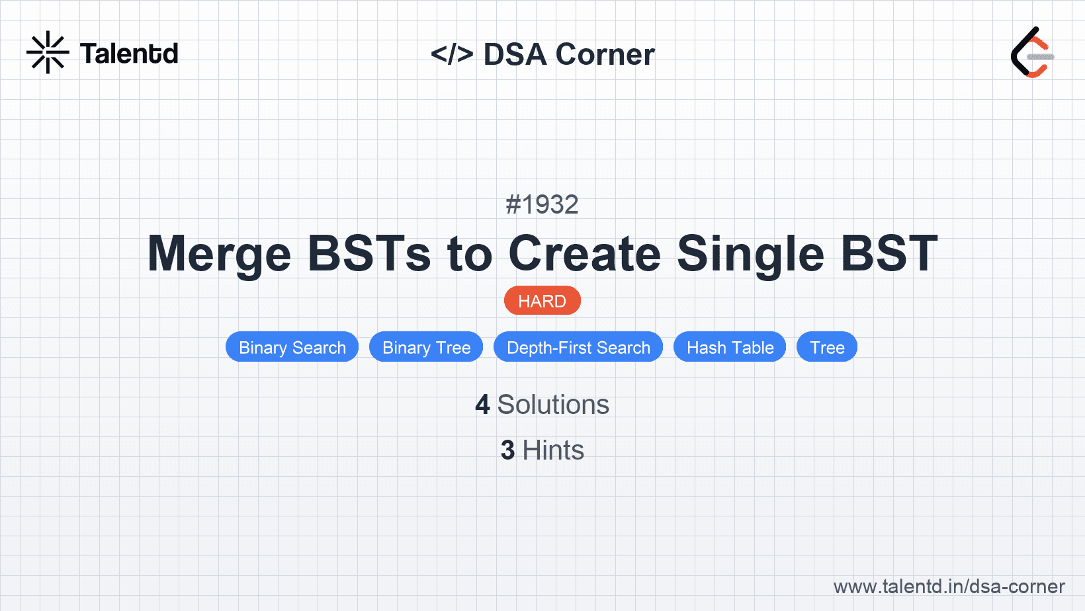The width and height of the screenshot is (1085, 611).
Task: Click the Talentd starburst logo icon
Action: click(x=48, y=52)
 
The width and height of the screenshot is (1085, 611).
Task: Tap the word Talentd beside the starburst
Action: click(x=129, y=54)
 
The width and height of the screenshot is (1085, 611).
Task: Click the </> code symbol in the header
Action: click(x=452, y=54)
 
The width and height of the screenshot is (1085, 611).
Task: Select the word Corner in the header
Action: click(x=605, y=54)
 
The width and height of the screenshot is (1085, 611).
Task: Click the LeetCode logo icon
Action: click(x=1032, y=52)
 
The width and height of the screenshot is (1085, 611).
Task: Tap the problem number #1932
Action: click(x=542, y=204)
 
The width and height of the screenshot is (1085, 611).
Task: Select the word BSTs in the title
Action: click(x=369, y=254)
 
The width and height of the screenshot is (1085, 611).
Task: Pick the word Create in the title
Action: click(x=585, y=254)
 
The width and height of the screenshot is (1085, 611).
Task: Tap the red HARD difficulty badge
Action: click(x=542, y=301)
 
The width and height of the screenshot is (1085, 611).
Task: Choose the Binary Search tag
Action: click(x=292, y=347)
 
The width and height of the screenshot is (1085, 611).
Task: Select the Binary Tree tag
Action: click(x=426, y=347)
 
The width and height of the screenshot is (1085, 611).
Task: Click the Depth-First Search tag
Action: click(x=578, y=347)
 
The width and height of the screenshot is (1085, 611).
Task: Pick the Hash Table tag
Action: click(x=730, y=347)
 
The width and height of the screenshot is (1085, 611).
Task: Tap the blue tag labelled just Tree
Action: click(x=827, y=347)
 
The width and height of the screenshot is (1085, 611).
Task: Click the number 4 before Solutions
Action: click(x=482, y=405)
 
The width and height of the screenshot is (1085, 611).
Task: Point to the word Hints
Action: click(x=553, y=450)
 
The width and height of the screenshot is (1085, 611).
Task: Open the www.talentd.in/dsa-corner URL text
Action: click(x=949, y=587)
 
